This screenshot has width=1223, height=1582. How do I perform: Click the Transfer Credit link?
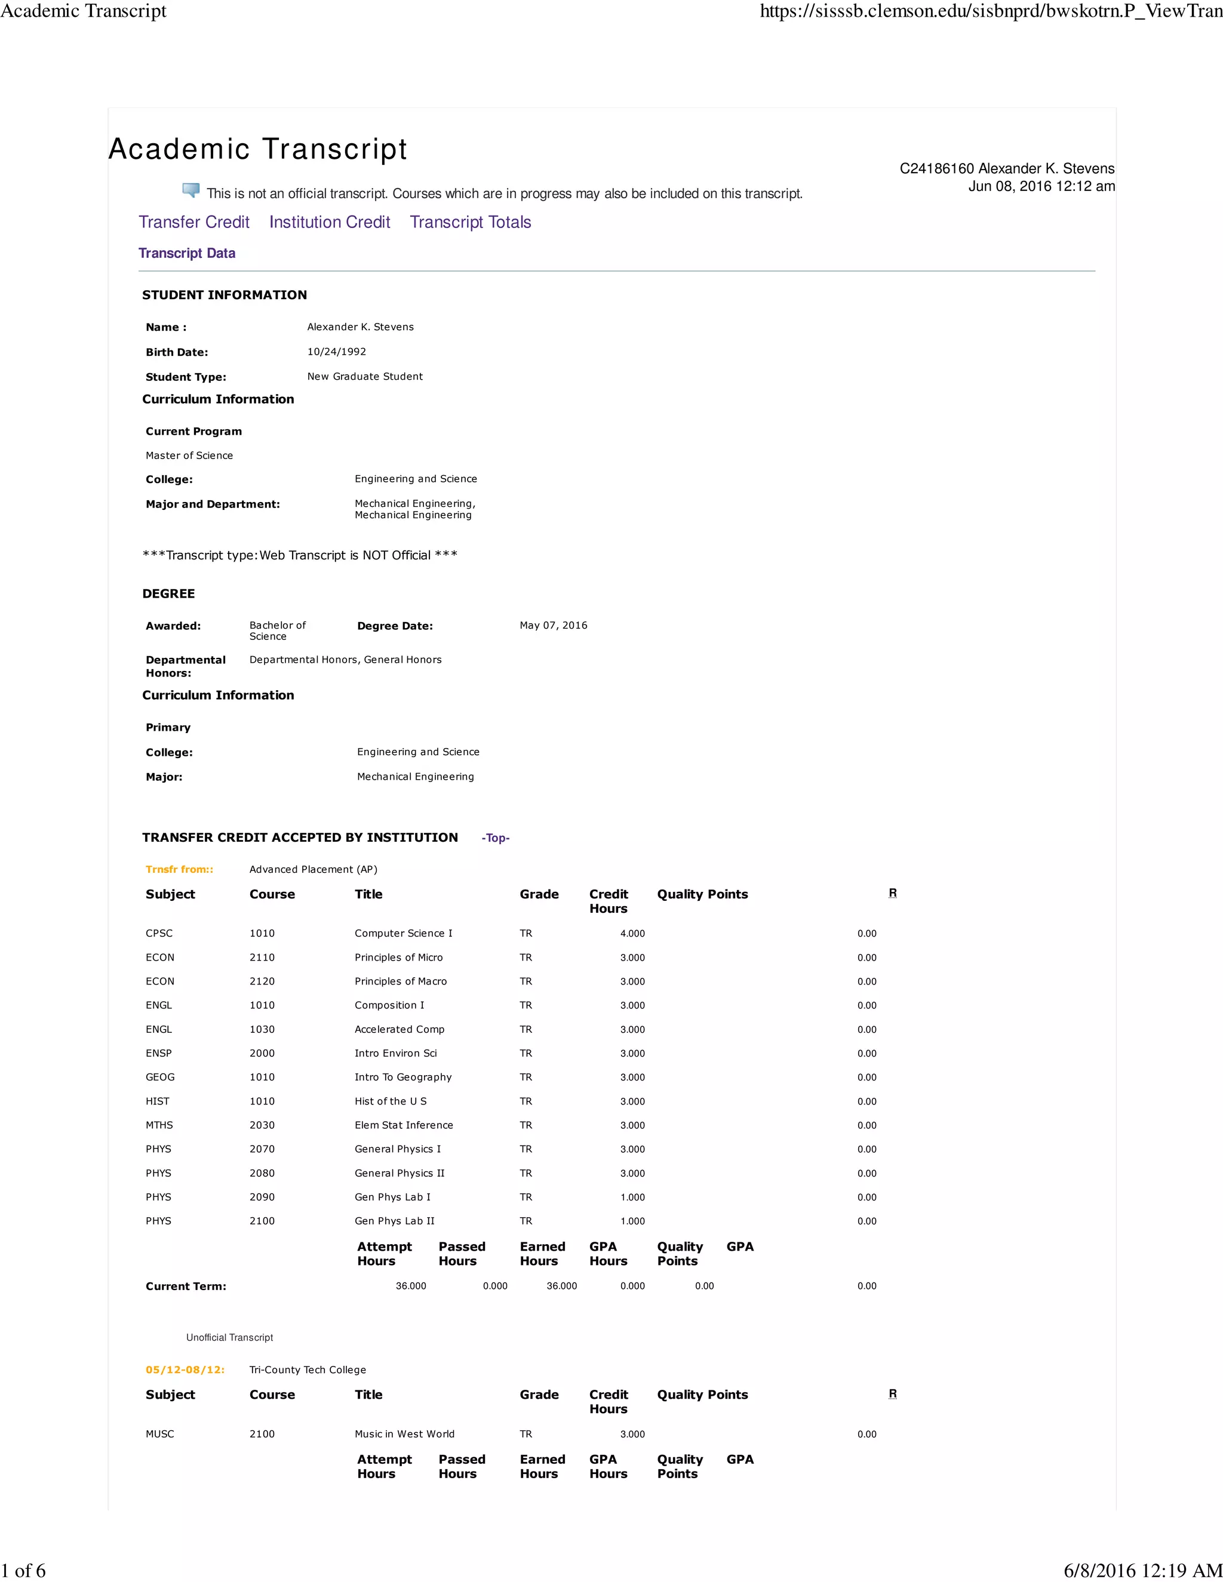pyautogui.click(x=193, y=223)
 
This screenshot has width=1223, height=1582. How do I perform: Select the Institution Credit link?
pyautogui.click(x=330, y=223)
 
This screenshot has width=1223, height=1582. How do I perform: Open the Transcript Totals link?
pyautogui.click(x=470, y=223)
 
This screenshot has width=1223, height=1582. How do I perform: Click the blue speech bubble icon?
pyautogui.click(x=191, y=190)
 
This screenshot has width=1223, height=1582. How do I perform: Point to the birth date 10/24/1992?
pyautogui.click(x=336, y=352)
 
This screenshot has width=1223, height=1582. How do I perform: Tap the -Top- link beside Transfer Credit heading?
pyautogui.click(x=496, y=838)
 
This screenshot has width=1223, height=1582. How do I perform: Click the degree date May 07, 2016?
pyautogui.click(x=553, y=625)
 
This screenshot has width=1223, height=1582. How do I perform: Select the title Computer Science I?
pyautogui.click(x=403, y=933)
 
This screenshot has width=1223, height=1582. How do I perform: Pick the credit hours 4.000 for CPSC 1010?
pyautogui.click(x=632, y=934)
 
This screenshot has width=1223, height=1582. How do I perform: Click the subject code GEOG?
pyautogui.click(x=160, y=1077)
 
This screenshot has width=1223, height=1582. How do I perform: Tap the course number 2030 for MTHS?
pyautogui.click(x=262, y=1125)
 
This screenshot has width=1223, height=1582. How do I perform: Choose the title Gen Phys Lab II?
pyautogui.click(x=394, y=1221)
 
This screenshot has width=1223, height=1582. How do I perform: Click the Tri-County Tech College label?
pyautogui.click(x=307, y=1369)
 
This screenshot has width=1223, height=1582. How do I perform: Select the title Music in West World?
pyautogui.click(x=404, y=1433)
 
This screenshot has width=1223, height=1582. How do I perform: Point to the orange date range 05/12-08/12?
pyautogui.click(x=185, y=1369)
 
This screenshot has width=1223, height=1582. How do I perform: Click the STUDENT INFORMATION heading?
pyautogui.click(x=224, y=295)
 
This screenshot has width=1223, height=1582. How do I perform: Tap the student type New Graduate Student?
pyautogui.click(x=364, y=377)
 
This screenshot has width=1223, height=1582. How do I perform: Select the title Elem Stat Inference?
pyautogui.click(x=404, y=1125)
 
